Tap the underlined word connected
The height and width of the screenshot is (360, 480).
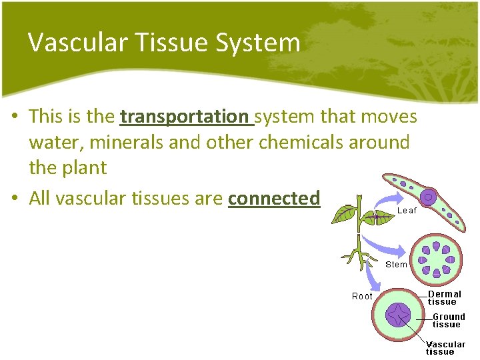coord(274,199)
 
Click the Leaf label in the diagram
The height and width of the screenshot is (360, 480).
coord(407,210)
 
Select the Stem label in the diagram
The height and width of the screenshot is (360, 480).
coord(396,265)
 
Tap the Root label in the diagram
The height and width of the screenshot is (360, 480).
coord(362,296)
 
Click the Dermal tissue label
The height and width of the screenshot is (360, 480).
coord(444,298)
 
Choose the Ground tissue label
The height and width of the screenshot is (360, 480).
coord(448,321)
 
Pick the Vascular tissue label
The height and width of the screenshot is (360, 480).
coord(445,348)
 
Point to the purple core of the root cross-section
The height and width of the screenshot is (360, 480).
coord(400,315)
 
